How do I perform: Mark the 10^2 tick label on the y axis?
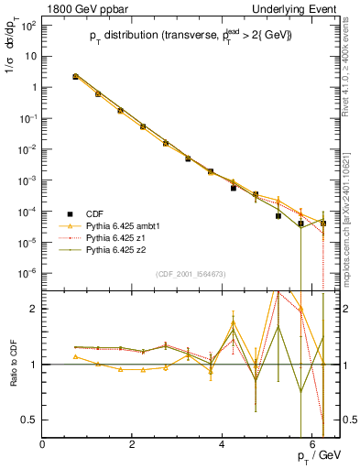click(x=28, y=25)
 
